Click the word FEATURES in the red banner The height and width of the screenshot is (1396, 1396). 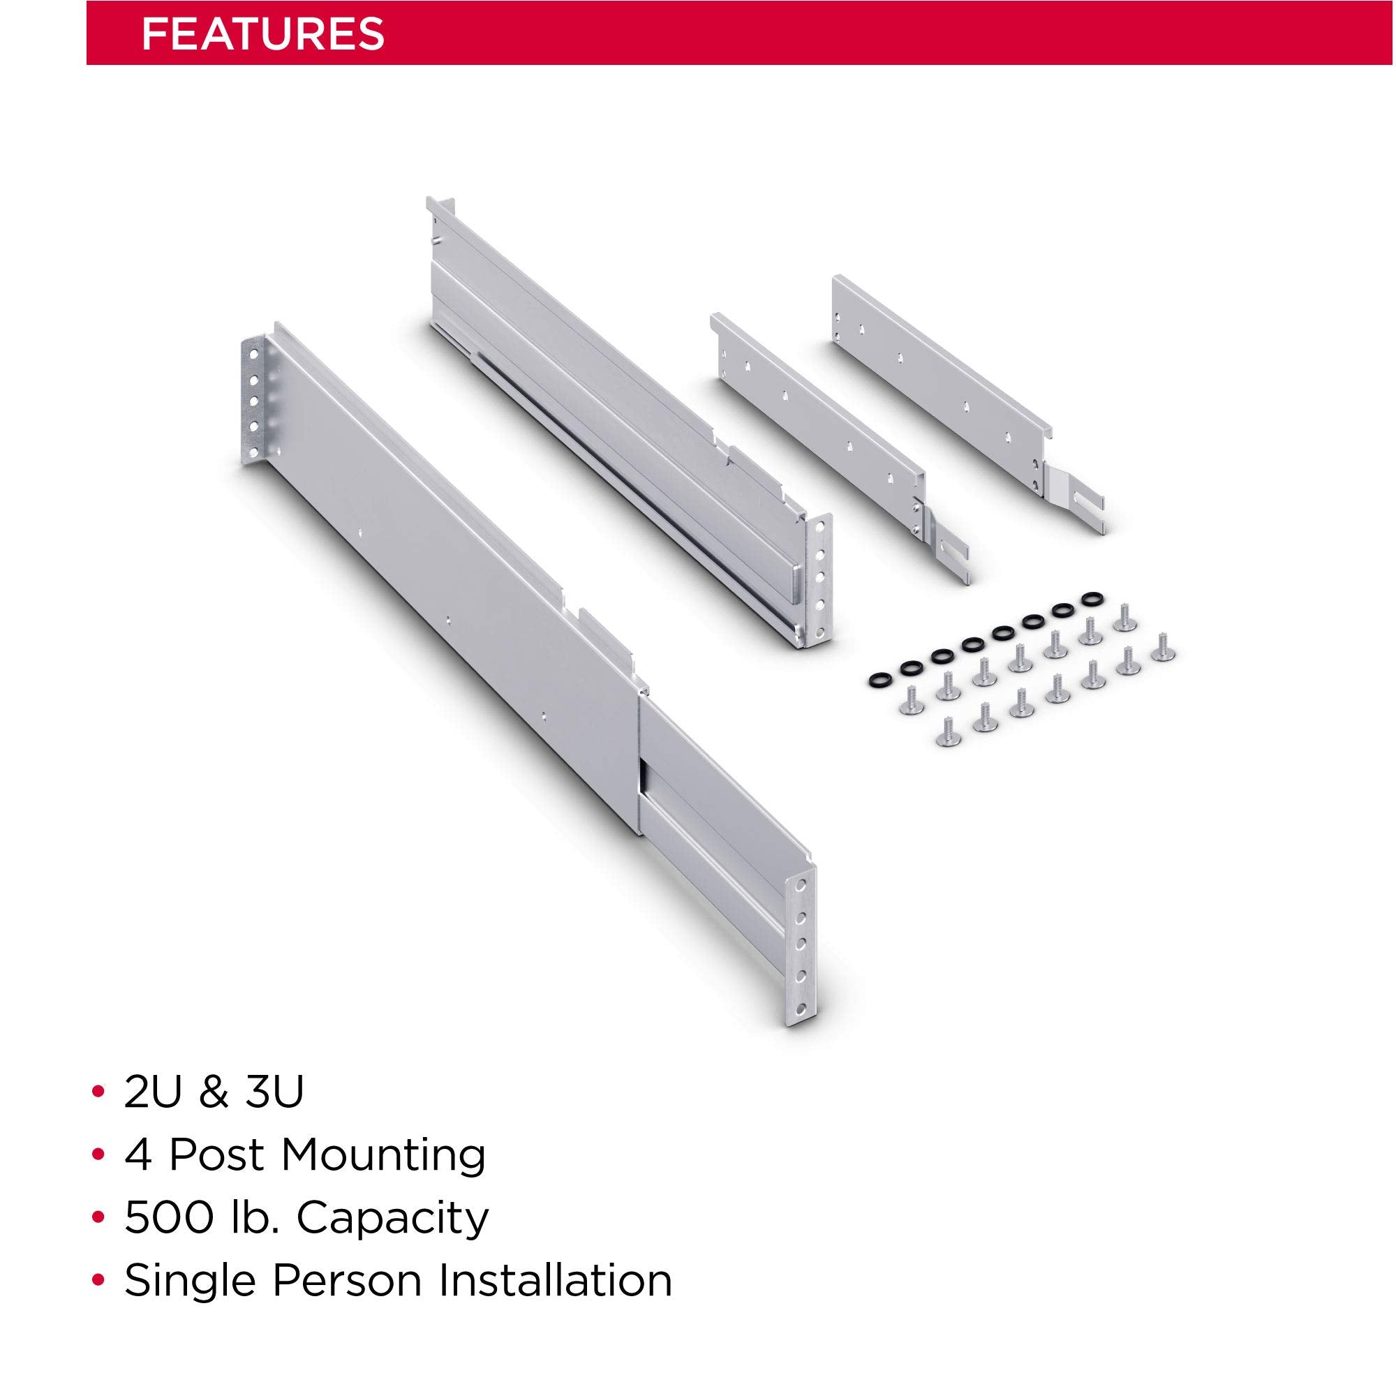(262, 34)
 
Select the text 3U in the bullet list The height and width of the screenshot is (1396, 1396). (274, 1092)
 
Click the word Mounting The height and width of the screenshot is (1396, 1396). (383, 1157)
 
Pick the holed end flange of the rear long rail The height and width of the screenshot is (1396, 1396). (816, 578)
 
